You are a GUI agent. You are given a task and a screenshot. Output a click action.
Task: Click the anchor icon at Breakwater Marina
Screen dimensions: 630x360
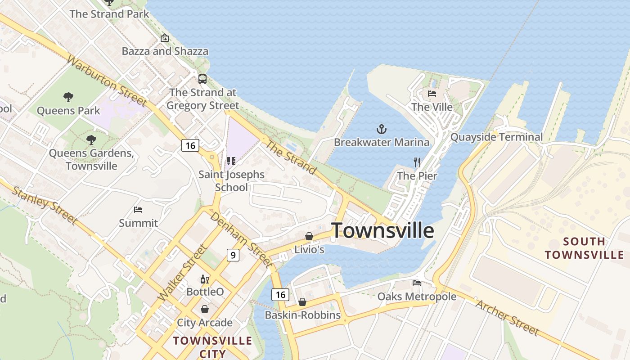(x=381, y=130)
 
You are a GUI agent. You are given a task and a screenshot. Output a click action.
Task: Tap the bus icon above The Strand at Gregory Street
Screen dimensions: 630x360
(x=202, y=79)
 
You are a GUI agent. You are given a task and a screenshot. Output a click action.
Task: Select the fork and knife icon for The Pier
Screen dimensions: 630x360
(x=417, y=162)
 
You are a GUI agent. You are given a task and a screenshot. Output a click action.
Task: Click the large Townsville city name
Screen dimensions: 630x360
(x=382, y=230)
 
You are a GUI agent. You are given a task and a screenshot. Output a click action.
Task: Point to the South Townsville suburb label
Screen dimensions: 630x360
(x=584, y=248)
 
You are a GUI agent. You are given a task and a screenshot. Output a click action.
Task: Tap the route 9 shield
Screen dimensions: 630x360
(x=233, y=255)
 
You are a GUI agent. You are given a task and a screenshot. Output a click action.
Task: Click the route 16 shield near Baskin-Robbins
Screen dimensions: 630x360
(x=280, y=295)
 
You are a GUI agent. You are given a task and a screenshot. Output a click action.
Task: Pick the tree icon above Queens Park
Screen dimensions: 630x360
(x=68, y=97)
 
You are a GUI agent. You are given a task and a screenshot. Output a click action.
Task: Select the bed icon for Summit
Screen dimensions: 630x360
(x=138, y=210)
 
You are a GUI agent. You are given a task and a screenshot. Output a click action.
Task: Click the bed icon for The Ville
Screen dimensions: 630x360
(x=432, y=94)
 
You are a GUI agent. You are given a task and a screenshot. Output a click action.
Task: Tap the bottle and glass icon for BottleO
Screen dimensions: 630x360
(x=205, y=279)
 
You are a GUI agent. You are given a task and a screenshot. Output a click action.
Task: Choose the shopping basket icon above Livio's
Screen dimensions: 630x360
(x=309, y=236)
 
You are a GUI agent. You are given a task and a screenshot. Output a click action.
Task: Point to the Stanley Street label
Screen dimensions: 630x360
(x=44, y=205)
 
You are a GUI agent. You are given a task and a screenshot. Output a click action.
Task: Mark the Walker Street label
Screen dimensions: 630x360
(x=183, y=273)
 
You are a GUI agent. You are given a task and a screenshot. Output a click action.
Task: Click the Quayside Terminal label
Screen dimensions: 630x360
(x=496, y=137)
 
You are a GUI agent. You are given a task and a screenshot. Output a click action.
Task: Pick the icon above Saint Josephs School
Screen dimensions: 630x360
(x=231, y=161)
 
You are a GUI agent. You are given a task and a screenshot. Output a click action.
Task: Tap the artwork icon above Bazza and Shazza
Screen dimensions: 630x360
(x=165, y=38)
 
